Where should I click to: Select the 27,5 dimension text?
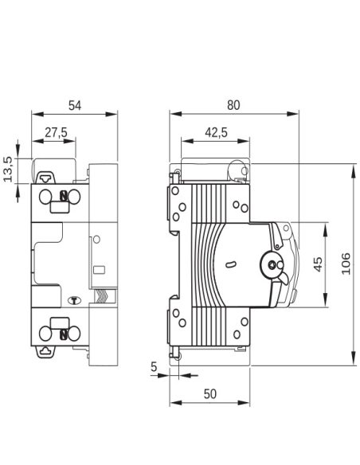click(56, 133)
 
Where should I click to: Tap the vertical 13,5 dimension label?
click(9, 169)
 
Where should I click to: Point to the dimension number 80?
click(233, 104)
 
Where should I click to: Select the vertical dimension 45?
click(318, 265)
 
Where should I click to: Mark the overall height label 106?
click(346, 264)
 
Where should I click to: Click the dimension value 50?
click(210, 394)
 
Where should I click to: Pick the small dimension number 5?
click(153, 367)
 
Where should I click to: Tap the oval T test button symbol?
click(76, 301)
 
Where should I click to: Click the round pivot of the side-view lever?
click(273, 266)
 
